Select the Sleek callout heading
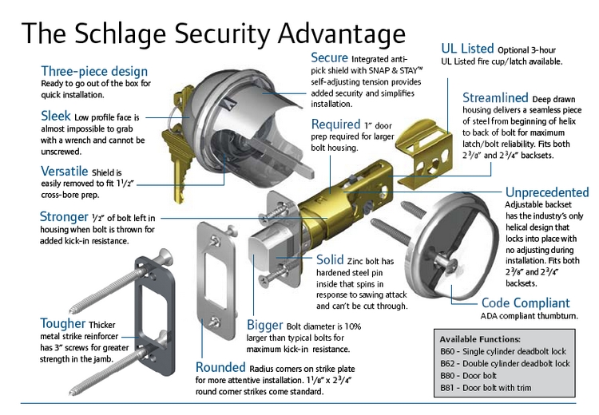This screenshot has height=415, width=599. pos(56,117)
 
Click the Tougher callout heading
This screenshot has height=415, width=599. pos(63,323)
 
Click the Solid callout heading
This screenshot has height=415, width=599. pos(331,260)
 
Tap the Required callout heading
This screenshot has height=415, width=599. pos(335,125)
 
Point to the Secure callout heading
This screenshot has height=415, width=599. pos(329,58)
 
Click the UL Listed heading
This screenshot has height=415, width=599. pos(467,48)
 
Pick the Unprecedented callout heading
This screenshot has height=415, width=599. pos(547,192)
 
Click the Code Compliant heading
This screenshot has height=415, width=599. pos(526,303)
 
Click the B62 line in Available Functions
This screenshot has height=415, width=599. pos(504,363)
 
